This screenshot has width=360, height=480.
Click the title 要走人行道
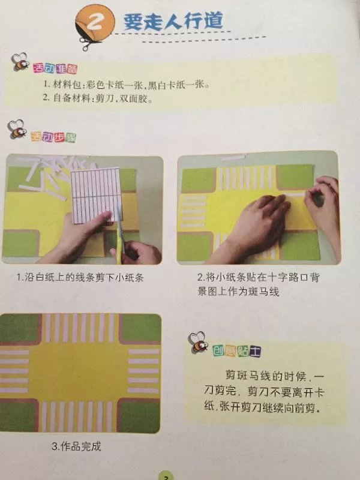[x=173, y=21]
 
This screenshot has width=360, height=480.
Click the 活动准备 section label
[x=55, y=68]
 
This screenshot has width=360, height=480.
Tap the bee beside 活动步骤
[x=17, y=129]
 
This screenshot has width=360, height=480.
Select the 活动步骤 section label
[x=53, y=137]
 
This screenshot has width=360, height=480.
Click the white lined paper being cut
[x=95, y=195]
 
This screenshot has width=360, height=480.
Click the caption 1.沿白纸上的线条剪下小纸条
[x=80, y=277]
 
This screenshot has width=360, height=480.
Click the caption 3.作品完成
[x=76, y=446]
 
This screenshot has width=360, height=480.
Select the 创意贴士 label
[x=236, y=351]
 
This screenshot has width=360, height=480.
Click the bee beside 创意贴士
[x=199, y=342]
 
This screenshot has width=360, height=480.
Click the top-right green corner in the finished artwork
[x=140, y=328]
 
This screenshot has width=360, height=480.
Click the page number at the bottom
[x=166, y=477]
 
